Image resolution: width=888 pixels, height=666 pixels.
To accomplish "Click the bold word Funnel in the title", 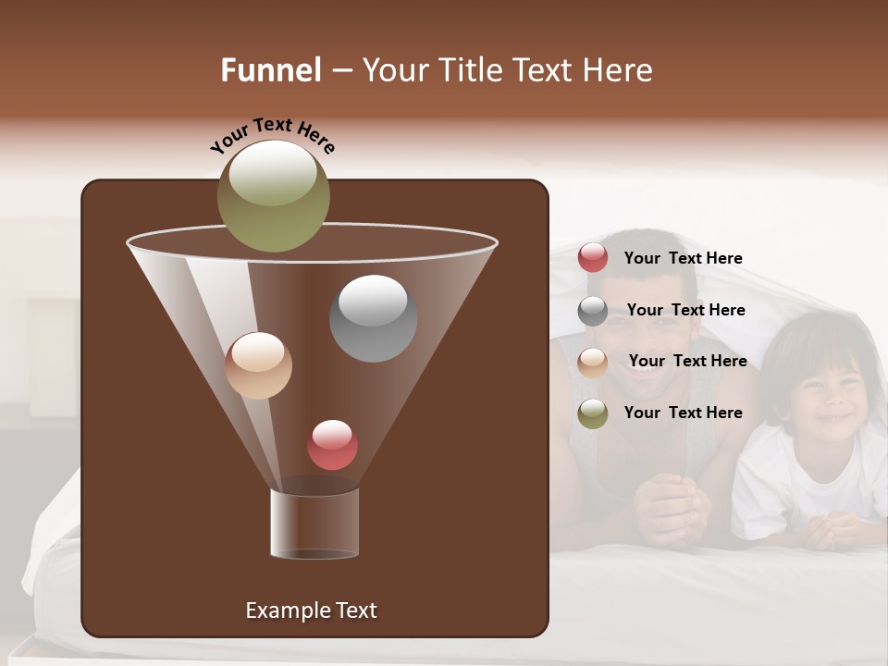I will tap(271, 70).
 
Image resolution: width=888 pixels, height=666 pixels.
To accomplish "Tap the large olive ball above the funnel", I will tap(274, 196).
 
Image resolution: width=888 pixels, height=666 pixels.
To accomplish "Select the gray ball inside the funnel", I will tap(374, 318).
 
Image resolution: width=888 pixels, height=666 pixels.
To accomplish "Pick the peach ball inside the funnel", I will tap(259, 365).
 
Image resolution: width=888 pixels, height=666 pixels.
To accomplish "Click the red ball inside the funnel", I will tap(332, 445).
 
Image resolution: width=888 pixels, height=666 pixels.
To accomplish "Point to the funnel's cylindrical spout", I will tap(314, 524).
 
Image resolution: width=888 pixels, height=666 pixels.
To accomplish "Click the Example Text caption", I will tap(312, 610).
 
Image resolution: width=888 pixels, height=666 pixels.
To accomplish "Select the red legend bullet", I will tap(593, 258).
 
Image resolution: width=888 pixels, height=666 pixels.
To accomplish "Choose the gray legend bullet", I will tap(593, 311).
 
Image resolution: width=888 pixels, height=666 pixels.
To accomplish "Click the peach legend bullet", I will tap(593, 362).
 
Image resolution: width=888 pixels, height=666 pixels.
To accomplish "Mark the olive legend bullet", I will tap(593, 413).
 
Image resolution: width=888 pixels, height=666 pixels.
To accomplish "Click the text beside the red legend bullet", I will tap(684, 259).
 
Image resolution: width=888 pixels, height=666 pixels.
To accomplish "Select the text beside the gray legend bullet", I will tap(686, 310).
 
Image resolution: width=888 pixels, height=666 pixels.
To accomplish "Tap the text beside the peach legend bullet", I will tap(688, 361).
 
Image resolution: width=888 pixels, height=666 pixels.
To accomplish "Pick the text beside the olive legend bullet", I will tap(684, 413).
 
